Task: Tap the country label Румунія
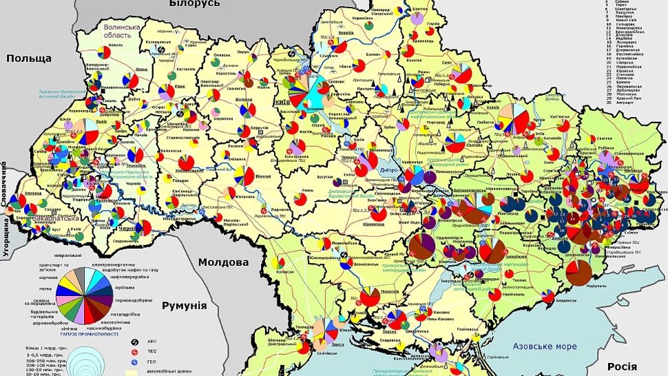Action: (x=184, y=305)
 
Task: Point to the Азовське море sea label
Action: (x=543, y=348)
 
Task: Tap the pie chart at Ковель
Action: (x=105, y=52)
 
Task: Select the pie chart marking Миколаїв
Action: (x=369, y=297)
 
